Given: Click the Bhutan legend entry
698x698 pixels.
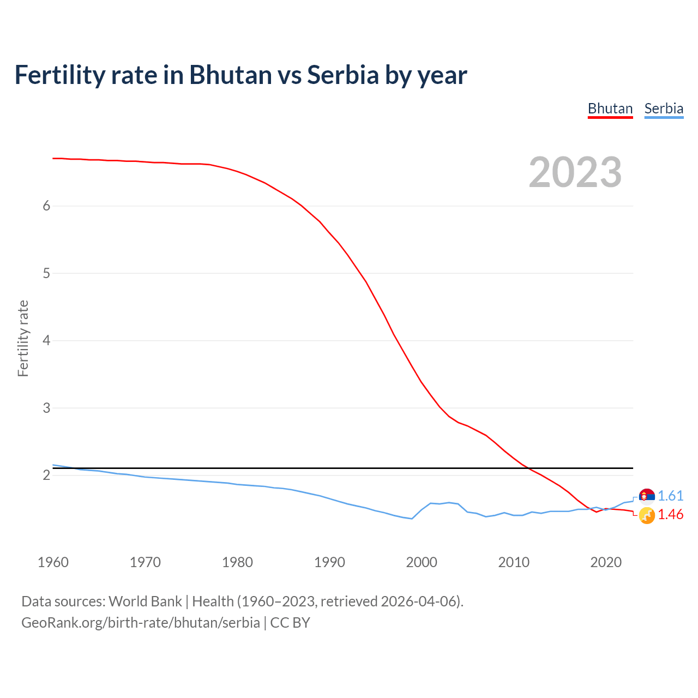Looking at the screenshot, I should coord(610,109).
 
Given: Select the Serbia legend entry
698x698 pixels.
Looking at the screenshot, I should coord(664,109).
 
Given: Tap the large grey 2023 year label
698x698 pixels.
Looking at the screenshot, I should coord(575,172).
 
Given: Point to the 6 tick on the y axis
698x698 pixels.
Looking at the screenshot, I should coord(46,206).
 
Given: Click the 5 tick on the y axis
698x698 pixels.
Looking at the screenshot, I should coord(46,273).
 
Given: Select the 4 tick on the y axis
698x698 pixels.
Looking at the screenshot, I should coord(46,340).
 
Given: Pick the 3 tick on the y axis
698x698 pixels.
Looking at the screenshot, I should coord(46,408).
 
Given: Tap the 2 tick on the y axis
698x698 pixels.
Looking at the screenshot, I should coord(46,475).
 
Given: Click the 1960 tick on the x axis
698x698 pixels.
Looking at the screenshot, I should coord(53,562).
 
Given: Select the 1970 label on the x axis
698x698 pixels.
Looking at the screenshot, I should coord(145,562).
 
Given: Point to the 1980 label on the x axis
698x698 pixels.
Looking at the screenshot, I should coord(237,562).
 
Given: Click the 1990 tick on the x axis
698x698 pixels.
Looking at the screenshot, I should coord(329,562).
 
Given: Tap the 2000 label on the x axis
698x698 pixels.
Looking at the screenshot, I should coord(422,562).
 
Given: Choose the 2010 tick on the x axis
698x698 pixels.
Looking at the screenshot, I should coord(514,562).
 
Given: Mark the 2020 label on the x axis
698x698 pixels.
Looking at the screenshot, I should coord(606,562).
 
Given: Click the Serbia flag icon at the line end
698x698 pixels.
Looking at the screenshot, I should coord(647,496).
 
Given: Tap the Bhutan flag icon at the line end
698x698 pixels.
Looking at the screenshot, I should coord(647,515).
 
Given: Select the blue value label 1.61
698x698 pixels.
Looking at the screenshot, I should coord(670,496).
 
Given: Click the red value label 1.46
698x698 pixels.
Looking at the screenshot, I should coord(670,515).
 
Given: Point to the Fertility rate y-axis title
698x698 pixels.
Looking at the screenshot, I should coord(23,338).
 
